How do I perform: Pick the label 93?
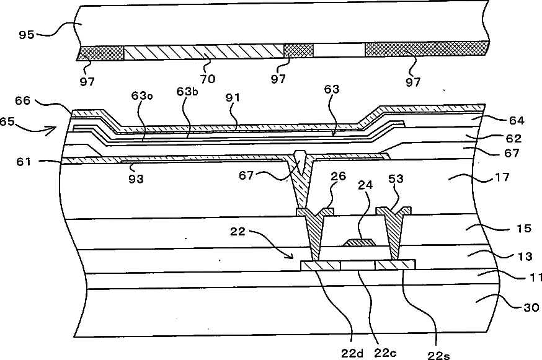(136, 178)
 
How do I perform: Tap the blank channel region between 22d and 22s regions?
(358, 265)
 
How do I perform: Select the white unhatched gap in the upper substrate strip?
(339, 50)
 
